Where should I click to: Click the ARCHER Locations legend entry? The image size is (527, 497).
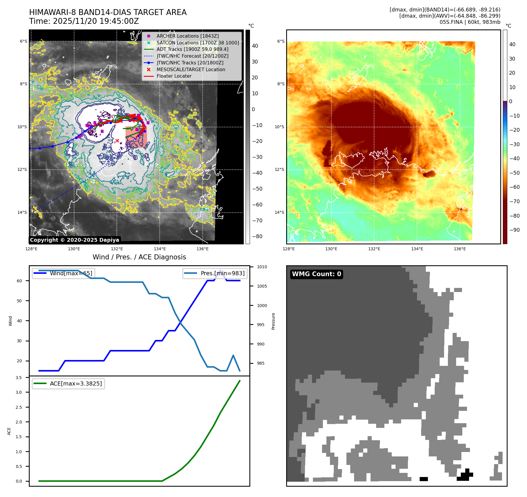pyautogui.click(x=187, y=36)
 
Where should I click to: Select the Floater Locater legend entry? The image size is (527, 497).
pyautogui.click(x=174, y=76)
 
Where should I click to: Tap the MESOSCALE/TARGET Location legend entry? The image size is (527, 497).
pyautogui.click(x=191, y=69)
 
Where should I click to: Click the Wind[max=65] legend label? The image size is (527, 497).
pyautogui.click(x=71, y=273)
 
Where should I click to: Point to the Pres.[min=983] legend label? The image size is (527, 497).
pyautogui.click(x=222, y=273)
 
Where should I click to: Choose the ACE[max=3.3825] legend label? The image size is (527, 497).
pyautogui.click(x=76, y=383)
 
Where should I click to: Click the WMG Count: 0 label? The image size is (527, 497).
pyautogui.click(x=316, y=274)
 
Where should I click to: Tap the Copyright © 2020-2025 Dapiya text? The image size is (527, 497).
pyautogui.click(x=74, y=240)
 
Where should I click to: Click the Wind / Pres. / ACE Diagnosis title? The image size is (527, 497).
pyautogui.click(x=139, y=257)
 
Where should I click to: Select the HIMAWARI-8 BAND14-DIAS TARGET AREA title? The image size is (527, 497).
pyautogui.click(x=108, y=12)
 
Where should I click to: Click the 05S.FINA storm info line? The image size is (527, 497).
pyautogui.click(x=470, y=22)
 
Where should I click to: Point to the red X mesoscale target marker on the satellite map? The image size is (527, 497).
pyautogui.click(x=117, y=141)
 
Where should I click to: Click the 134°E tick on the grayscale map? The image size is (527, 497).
pyautogui.click(x=160, y=249)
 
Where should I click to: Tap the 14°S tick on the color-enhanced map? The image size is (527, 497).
pyautogui.click(x=279, y=212)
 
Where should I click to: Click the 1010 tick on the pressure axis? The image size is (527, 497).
pyautogui.click(x=262, y=267)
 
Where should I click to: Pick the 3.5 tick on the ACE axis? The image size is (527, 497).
pyautogui.click(x=19, y=378)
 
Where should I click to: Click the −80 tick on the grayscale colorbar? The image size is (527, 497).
pyautogui.click(x=257, y=236)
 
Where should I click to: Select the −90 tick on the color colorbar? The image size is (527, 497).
pyautogui.click(x=514, y=230)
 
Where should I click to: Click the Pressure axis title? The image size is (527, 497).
pyautogui.click(x=273, y=321)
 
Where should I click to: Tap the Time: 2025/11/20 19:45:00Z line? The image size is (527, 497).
pyautogui.click(x=84, y=21)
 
